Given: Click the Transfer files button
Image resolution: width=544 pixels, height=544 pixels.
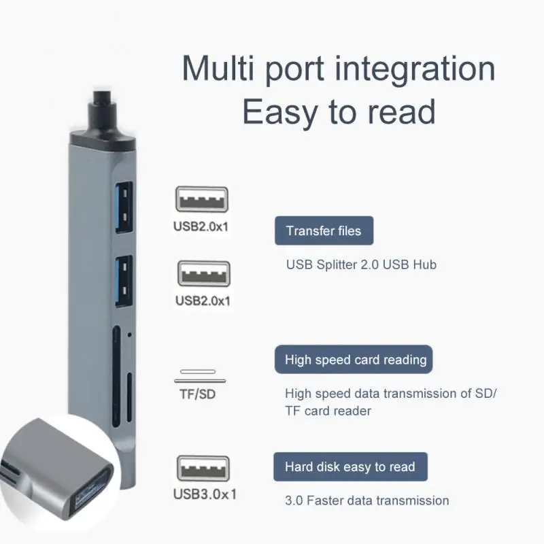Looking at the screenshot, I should click(324, 231).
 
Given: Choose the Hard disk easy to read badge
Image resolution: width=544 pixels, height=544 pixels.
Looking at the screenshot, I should click(350, 467).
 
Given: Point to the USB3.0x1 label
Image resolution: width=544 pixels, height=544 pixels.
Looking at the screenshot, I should click(205, 494).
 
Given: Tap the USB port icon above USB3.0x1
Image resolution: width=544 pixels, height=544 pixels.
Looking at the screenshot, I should click(203, 468).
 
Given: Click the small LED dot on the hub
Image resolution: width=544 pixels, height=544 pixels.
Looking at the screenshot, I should click(129, 336).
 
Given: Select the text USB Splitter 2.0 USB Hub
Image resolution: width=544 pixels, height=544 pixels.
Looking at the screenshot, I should click(360, 265).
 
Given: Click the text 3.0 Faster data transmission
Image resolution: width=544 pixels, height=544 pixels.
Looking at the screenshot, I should click(367, 500).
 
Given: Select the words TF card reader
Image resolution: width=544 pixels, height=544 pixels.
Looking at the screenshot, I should click(328, 411).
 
